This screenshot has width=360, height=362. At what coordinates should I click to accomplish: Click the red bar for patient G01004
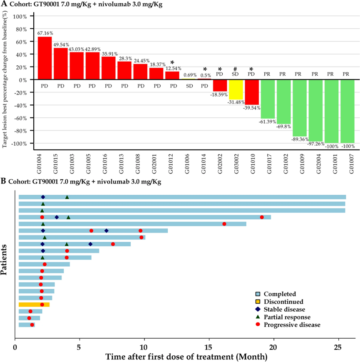(x=45, y=58)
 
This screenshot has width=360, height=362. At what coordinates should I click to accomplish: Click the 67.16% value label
(x=45, y=33)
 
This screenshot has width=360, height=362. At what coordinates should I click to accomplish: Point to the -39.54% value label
(x=252, y=108)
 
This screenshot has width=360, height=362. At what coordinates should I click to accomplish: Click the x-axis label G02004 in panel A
(x=315, y=164)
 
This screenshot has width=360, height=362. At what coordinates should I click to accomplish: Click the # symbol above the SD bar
(x=235, y=69)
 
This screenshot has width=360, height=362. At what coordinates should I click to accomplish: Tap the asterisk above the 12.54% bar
(x=172, y=63)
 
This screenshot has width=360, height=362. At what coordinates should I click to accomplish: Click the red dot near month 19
(x=262, y=217)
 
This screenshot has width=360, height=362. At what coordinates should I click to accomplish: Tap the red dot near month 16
(x=224, y=224)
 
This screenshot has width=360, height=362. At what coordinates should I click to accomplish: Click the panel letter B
(x=3, y=181)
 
